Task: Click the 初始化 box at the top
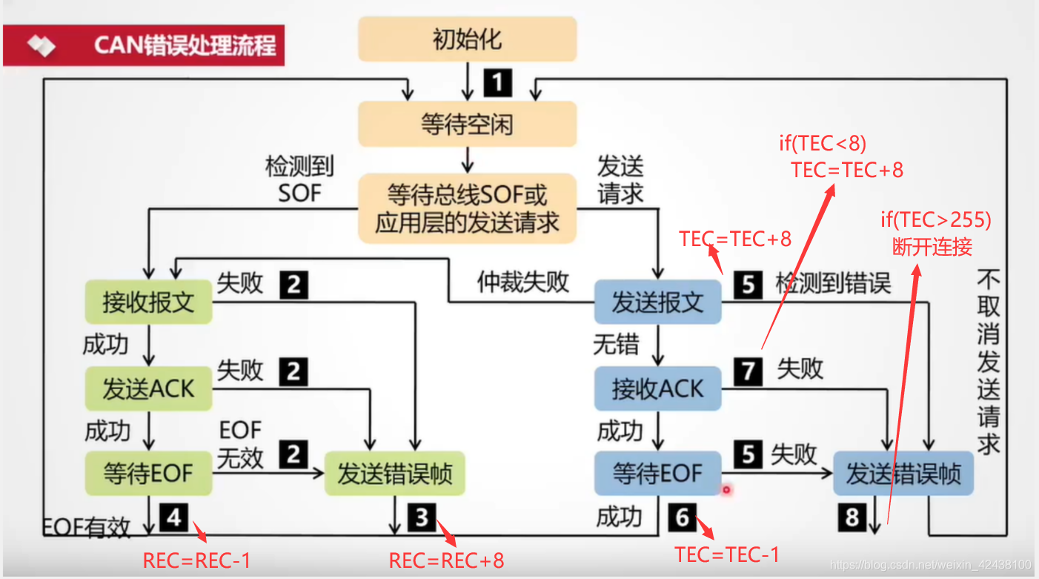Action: pyautogui.click(x=467, y=39)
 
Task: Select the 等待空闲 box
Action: pyautogui.click(x=467, y=123)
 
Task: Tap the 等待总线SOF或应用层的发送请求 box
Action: pyautogui.click(x=467, y=208)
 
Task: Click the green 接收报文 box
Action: pyautogui.click(x=148, y=302)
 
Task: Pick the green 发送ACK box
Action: pyautogui.click(x=148, y=388)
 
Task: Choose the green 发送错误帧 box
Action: pyautogui.click(x=394, y=474)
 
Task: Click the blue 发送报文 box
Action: pyautogui.click(x=657, y=302)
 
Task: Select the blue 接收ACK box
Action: pyautogui.click(x=657, y=388)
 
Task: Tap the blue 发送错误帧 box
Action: pyautogui.click(x=903, y=474)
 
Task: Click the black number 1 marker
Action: pyautogui.click(x=497, y=82)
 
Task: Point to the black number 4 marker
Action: pyautogui.click(x=174, y=517)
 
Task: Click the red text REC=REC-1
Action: pyautogui.click(x=196, y=560)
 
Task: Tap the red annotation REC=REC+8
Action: pyautogui.click(x=446, y=560)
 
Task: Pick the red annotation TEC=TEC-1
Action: pyautogui.click(x=727, y=554)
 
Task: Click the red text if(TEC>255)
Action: pyautogui.click(x=935, y=219)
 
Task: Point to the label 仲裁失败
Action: pyautogui.click(x=523, y=282)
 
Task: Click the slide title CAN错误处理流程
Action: pyautogui.click(x=185, y=45)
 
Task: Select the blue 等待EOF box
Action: pyautogui.click(x=657, y=474)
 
